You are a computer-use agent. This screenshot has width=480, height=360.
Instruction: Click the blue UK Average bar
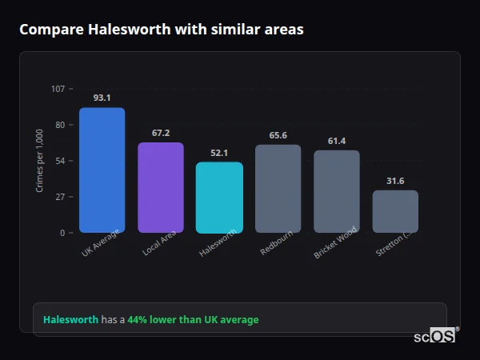[102, 170]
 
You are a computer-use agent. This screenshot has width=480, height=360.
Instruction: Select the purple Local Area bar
[161, 187]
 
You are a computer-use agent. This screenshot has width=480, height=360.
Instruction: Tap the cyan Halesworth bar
[219, 197]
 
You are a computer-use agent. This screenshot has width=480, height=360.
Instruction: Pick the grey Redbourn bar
[278, 188]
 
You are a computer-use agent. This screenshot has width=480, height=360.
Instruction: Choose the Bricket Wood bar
[336, 191]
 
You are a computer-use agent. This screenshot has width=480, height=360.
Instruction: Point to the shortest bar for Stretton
[395, 211]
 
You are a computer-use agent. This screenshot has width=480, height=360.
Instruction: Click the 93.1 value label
[102, 98]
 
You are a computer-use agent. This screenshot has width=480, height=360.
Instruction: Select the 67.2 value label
[161, 133]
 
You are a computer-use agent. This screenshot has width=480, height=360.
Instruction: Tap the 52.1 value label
[219, 153]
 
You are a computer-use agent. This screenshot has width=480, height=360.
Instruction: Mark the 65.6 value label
[278, 135]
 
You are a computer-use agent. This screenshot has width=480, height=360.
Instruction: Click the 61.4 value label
[336, 141]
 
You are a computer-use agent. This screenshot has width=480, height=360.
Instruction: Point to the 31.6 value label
[395, 181]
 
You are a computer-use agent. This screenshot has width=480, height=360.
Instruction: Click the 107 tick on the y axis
[58, 89]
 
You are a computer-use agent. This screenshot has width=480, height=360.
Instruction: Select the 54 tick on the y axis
[60, 161]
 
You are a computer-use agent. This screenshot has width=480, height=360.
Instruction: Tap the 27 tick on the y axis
[60, 197]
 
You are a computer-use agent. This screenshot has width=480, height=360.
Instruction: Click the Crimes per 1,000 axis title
[39, 161]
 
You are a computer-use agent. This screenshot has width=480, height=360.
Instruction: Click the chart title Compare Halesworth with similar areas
[161, 29]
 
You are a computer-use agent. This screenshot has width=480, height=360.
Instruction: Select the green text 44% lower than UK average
[193, 320]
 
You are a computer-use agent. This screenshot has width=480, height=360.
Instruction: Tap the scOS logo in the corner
[435, 336]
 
